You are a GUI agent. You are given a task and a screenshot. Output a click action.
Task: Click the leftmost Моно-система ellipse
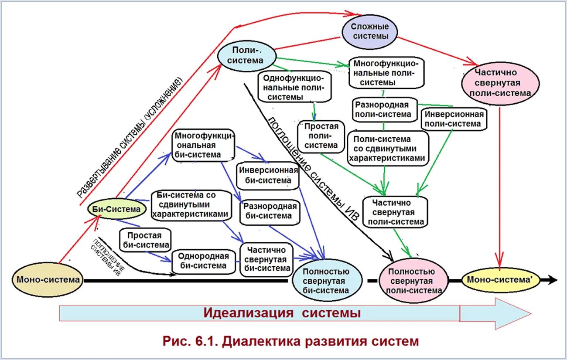pos(48,280)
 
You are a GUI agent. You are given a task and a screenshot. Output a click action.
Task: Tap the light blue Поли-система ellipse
pos(247,55)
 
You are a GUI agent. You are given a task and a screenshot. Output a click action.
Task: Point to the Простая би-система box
pos(145,240)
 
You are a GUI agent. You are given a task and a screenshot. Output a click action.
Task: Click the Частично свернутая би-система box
pos(266,259)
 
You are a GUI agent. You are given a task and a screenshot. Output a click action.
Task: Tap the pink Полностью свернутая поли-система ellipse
pos(413,281)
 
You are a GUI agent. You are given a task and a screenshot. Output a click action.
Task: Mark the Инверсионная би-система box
pos(268,175)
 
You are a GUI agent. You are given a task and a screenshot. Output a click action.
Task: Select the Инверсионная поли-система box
pos(454,119)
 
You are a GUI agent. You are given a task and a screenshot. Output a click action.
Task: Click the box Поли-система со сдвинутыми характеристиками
pos(387,149)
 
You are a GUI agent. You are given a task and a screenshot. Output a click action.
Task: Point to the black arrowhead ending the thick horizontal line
pos(553,280)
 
